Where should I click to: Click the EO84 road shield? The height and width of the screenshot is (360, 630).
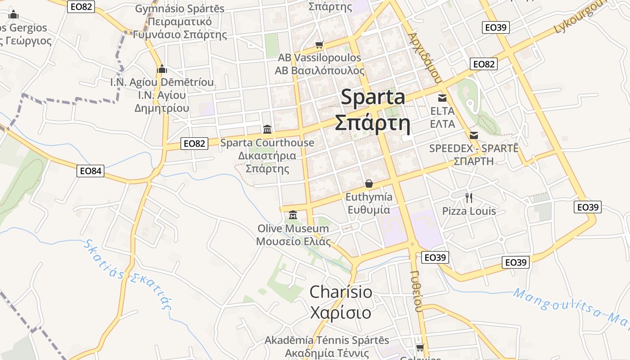(90, 171)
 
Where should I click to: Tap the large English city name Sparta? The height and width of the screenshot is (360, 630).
(373, 97)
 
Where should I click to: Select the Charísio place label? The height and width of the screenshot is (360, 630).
(341, 292)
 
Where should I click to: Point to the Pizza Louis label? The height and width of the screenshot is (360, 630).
(469, 211)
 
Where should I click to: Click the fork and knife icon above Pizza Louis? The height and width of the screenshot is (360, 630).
(469, 197)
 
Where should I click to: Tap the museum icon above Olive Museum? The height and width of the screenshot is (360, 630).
(293, 215)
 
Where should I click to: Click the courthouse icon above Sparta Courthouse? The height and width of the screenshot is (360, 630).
(267, 129)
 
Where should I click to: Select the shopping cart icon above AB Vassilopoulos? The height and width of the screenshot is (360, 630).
(319, 45)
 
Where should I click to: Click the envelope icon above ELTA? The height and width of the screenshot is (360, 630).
(442, 98)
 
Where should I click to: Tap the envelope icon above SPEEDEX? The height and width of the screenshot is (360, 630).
(474, 135)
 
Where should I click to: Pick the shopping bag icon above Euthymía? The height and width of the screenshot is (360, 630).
(369, 183)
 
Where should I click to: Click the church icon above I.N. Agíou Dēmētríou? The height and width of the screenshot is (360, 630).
(162, 69)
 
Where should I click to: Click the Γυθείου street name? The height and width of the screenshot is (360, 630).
(417, 291)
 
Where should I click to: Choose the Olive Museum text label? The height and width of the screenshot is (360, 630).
(293, 229)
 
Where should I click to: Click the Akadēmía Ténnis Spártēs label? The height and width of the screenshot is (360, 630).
(327, 340)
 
